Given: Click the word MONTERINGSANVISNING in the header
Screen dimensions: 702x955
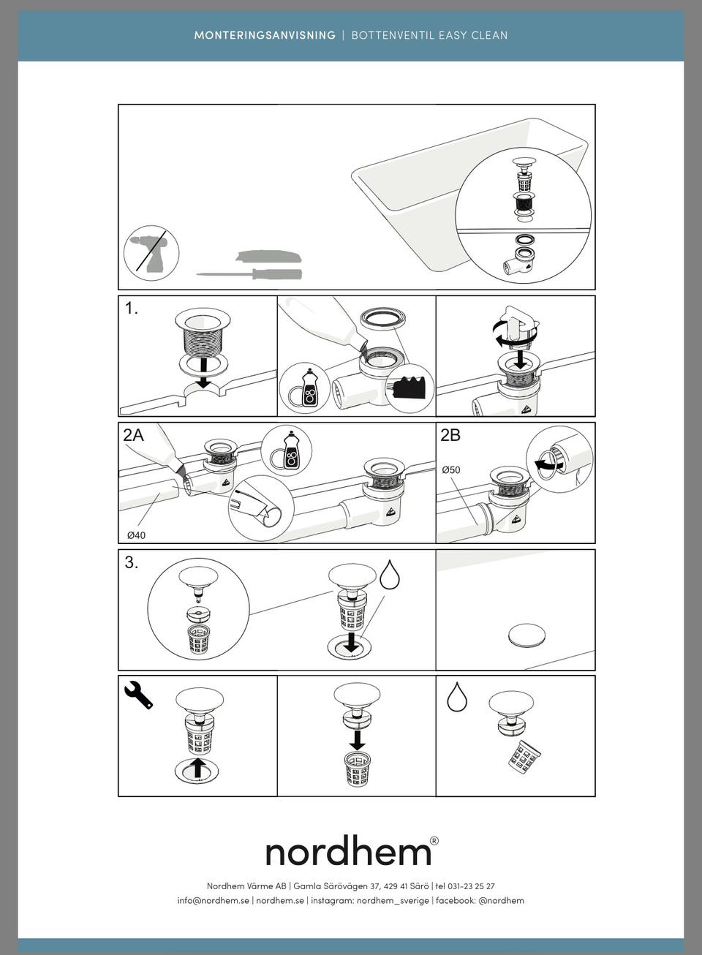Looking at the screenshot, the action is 265,35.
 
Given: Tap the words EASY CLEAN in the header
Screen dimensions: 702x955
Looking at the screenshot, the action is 473,35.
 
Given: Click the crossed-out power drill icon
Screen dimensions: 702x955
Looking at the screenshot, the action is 151,253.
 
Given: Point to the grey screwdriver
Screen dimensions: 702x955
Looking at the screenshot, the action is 249,273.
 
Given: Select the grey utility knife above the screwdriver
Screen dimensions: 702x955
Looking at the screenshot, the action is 268,256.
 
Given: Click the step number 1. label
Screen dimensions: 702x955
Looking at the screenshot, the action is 132,309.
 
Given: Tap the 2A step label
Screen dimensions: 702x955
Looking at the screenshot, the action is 133,435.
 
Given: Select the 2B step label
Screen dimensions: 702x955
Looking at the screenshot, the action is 450,435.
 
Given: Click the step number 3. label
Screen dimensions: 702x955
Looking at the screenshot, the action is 132,563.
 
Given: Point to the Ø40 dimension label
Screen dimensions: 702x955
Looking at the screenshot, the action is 137,535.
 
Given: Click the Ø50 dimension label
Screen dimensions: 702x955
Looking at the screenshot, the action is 451,470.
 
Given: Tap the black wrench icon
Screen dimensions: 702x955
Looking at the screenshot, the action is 138,695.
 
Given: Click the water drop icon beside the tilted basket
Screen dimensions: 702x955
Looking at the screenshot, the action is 457,697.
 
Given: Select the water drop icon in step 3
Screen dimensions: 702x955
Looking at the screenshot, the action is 390,575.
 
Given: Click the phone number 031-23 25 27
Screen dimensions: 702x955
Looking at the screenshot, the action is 471,886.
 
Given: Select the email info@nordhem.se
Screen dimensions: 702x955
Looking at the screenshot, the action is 213,900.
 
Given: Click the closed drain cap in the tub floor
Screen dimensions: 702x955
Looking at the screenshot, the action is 526,635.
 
